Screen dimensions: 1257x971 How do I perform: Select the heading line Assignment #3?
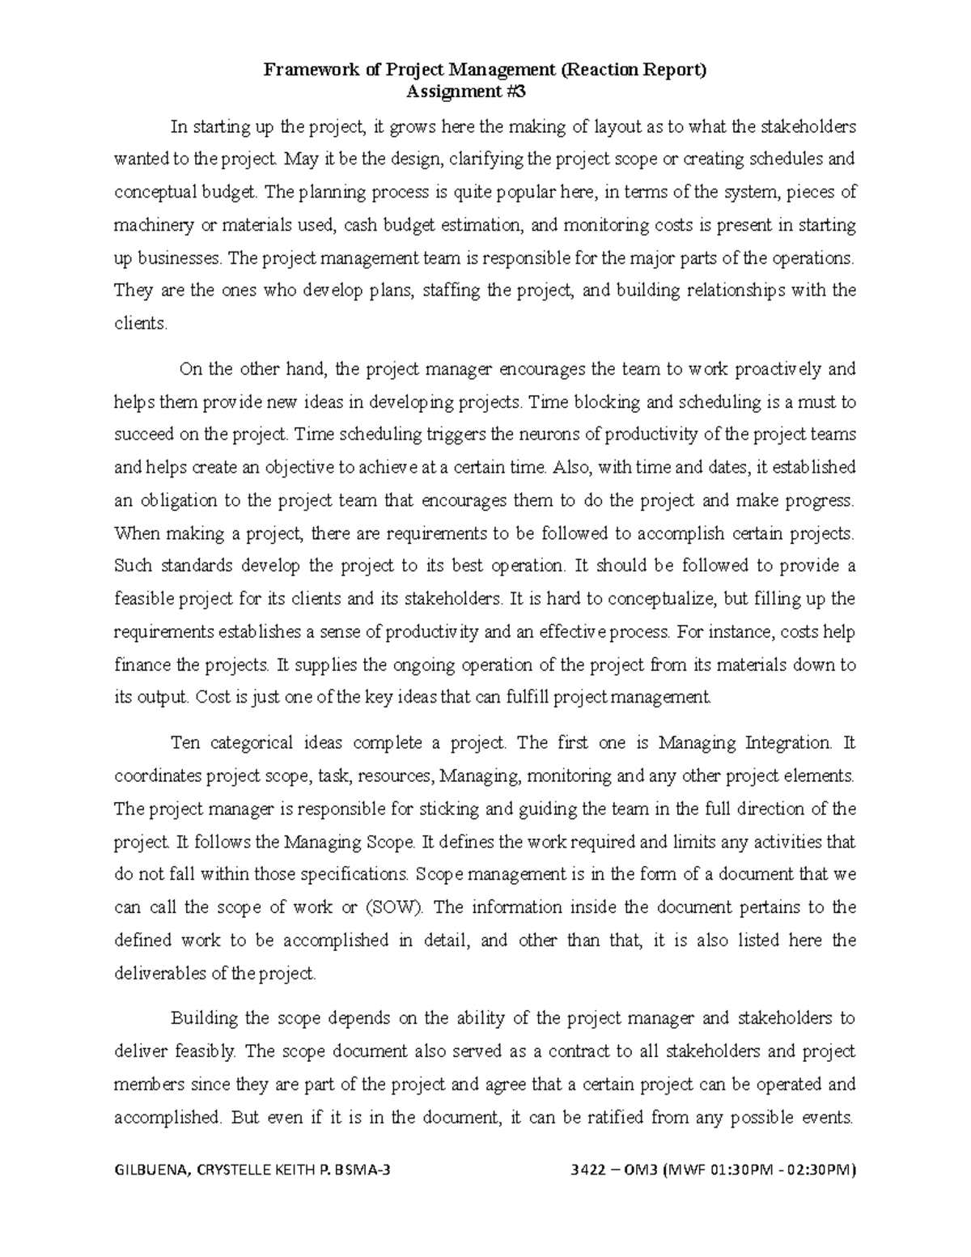[465, 91]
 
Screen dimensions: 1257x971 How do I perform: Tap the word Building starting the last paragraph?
[201, 1017]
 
